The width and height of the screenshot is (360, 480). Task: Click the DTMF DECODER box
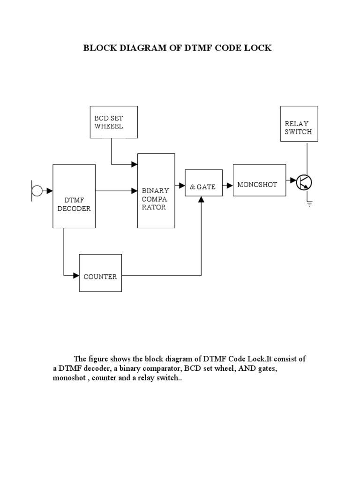pyautogui.click(x=74, y=196)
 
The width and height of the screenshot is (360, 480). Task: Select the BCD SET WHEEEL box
pyautogui.click(x=114, y=122)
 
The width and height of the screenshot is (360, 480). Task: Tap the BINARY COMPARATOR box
pyautogui.click(x=156, y=190)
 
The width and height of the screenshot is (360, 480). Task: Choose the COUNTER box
pyautogui.click(x=100, y=273)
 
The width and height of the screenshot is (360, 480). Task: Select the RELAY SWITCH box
pyautogui.click(x=299, y=124)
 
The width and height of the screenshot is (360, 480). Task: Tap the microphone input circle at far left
pyautogui.click(x=37, y=190)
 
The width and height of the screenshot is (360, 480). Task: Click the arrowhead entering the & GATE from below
pyautogui.click(x=202, y=200)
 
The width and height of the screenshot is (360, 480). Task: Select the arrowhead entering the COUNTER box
pyautogui.click(x=76, y=276)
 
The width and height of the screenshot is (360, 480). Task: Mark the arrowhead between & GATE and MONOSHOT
pyautogui.click(x=230, y=186)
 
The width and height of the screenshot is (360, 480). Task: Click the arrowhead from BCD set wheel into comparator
pyautogui.click(x=135, y=164)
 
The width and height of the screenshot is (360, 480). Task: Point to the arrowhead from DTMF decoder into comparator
pyautogui.click(x=135, y=190)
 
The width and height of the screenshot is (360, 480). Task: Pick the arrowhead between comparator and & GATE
pyautogui.click(x=182, y=186)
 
